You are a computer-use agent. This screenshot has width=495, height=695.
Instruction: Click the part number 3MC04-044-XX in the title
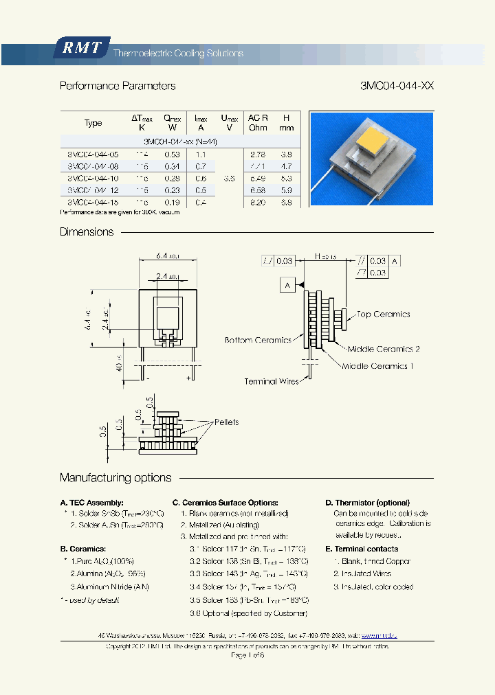(397, 87)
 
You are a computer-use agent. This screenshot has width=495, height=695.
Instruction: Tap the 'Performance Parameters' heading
(118, 87)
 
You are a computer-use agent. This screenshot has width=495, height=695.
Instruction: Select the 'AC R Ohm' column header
(258, 122)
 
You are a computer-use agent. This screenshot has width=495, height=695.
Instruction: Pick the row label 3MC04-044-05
(93, 155)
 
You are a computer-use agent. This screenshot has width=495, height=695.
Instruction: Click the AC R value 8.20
(258, 203)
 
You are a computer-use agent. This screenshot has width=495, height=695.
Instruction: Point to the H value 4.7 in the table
(287, 166)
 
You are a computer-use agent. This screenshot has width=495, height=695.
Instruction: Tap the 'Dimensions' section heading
(87, 232)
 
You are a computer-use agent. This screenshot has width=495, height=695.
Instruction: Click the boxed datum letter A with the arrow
(287, 284)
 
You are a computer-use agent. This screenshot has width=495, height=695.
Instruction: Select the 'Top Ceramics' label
(383, 315)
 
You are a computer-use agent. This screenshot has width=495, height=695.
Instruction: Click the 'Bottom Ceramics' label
(258, 340)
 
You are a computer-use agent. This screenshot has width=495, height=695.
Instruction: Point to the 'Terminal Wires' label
(272, 381)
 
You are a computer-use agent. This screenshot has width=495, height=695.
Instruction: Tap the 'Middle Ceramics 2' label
(384, 349)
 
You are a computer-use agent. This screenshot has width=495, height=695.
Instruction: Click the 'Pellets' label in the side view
(226, 422)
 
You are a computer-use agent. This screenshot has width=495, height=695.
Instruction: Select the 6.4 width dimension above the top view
(167, 255)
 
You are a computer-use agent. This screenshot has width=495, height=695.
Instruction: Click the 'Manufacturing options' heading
(115, 478)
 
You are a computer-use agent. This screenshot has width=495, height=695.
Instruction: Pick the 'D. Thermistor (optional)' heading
(367, 503)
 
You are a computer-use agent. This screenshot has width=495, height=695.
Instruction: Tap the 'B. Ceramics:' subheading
(83, 549)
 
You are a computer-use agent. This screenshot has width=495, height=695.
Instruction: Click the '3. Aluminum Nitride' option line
(109, 586)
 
